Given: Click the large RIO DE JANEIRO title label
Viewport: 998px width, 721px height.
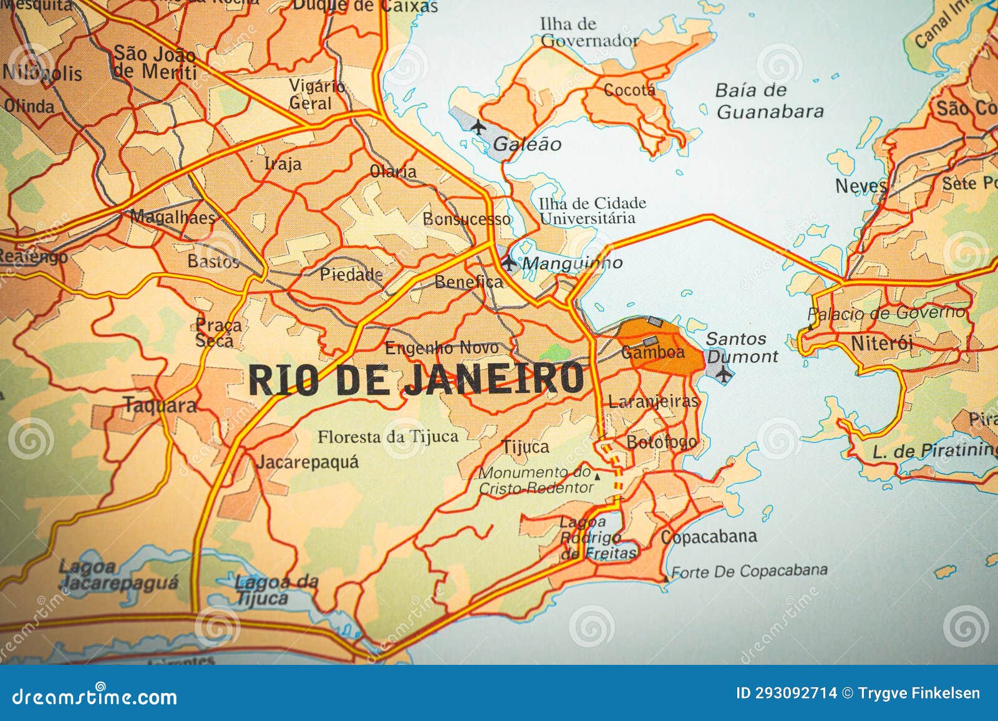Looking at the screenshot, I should coord(416,379).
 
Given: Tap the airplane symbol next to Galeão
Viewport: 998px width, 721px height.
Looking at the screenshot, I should coord(478,127).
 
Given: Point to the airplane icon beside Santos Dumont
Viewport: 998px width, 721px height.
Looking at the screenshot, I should coord(724,374).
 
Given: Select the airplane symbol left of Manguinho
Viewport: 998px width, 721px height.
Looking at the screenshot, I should coord(509,263).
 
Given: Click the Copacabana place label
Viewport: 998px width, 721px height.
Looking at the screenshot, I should coord(709,536).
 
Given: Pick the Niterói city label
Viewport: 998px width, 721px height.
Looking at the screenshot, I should coord(881,343).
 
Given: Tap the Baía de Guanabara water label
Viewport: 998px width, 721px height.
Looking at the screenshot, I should coord(769,101).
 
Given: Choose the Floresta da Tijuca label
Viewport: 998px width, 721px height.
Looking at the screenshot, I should coord(387,437).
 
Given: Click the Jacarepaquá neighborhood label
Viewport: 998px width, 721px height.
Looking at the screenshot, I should coord(308,462).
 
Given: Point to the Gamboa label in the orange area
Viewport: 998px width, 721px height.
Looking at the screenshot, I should coord(652,352).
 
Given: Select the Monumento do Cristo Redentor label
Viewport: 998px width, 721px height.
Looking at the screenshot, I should coord(535,480).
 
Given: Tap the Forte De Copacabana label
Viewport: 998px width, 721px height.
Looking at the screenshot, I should coord(748,571).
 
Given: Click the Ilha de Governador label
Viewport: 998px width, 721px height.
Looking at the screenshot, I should coord(588,32).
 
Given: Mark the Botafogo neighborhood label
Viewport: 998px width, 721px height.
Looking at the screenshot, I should coord(661,442).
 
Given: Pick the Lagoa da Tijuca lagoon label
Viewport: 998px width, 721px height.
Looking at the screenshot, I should coord(276,590).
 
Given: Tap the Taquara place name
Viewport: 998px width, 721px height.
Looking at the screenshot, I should coord(160,405).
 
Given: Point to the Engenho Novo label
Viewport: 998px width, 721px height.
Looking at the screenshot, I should coord(442,348).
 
